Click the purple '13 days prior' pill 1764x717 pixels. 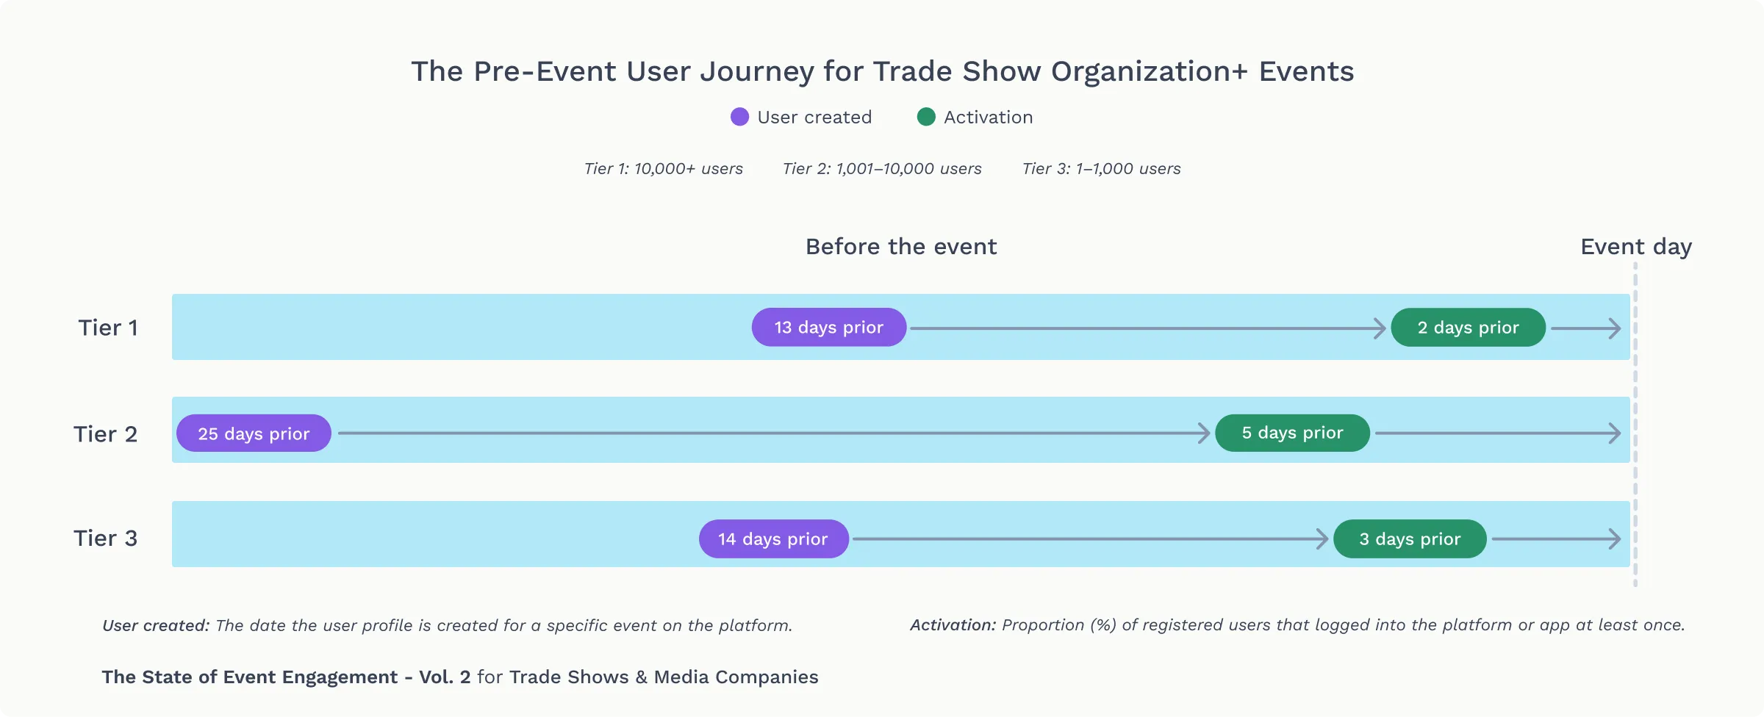click(x=828, y=327)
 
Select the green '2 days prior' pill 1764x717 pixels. click(x=1468, y=327)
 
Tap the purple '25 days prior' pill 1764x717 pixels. click(x=254, y=433)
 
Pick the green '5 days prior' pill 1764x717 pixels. click(x=1292, y=433)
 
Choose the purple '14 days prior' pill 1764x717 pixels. click(x=773, y=539)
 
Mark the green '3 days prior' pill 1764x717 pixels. click(x=1410, y=539)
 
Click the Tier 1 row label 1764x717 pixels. click(x=108, y=328)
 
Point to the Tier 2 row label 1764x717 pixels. click(x=105, y=434)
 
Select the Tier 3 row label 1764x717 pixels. click(x=105, y=538)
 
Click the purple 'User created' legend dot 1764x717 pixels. click(x=739, y=117)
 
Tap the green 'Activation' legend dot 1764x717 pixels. click(x=926, y=117)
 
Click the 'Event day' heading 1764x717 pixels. click(x=1636, y=247)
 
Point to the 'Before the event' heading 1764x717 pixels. click(x=901, y=247)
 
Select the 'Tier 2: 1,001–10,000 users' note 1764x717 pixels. click(x=882, y=169)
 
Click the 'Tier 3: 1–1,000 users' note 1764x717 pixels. click(x=1101, y=169)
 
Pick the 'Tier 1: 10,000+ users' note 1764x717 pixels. click(x=663, y=169)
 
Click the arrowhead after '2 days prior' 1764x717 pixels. click(x=1615, y=328)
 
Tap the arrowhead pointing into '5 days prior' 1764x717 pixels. click(x=1203, y=433)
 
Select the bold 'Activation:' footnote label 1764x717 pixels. click(x=953, y=625)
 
